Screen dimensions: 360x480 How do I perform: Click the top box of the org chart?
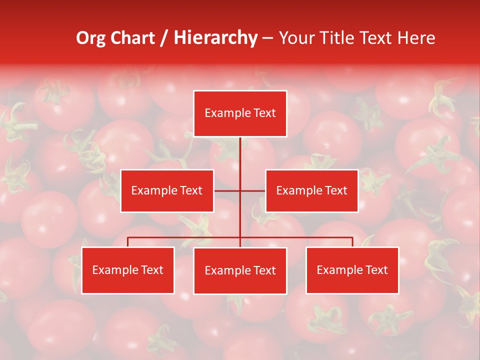pos(240,113)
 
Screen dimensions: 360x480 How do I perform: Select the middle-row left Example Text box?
pos(167,190)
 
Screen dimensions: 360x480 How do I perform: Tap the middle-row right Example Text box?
pos(311,190)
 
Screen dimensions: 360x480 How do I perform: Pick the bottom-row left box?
pos(127,270)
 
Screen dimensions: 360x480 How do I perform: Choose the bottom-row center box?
pos(240,270)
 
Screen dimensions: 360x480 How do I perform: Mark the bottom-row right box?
pos(352,270)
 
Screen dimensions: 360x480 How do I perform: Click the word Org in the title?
pos(90,38)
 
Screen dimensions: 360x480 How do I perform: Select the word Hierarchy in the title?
pos(215,38)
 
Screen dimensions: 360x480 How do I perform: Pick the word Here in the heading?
pos(416,38)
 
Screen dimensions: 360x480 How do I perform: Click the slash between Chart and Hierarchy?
pos(164,38)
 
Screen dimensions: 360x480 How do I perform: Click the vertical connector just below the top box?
pos(240,150)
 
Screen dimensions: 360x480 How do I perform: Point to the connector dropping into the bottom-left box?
pos(127,242)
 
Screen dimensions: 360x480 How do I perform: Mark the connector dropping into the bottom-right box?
pos(352,242)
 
